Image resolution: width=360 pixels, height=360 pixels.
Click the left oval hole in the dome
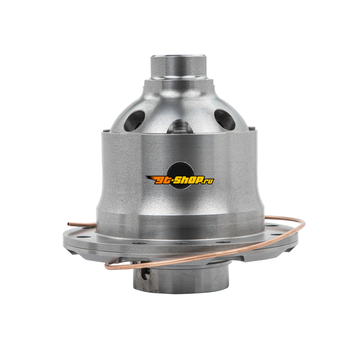point(134,121)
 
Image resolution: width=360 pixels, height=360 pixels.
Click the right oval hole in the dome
point(225,119)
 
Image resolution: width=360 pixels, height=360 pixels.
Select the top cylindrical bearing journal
point(178,67)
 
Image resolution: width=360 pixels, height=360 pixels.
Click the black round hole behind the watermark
point(179,175)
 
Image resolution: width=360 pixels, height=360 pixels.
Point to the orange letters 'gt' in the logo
point(163,180)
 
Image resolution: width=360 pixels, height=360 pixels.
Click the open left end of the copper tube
point(68,224)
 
